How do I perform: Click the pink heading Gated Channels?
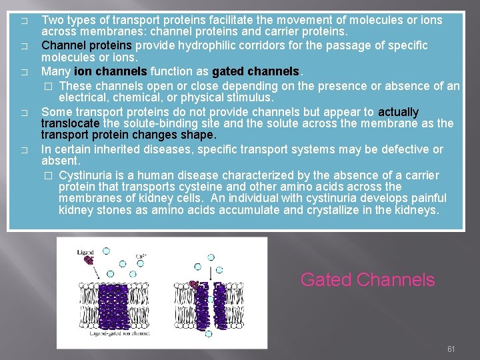[x=367, y=280]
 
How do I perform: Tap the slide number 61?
[x=451, y=349]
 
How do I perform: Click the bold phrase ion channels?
[x=111, y=71]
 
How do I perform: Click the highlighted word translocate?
[x=70, y=124]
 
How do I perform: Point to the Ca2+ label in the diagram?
[x=141, y=254]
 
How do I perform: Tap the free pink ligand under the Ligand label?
[x=88, y=261]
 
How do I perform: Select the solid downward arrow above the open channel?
[x=211, y=273]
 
